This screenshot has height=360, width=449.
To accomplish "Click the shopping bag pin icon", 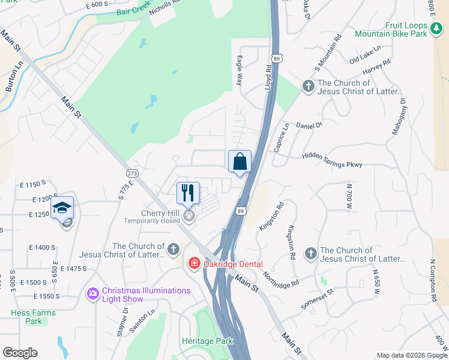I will pyautogui.click(x=240, y=162).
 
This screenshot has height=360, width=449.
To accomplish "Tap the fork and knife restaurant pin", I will pyautogui.click(x=188, y=193).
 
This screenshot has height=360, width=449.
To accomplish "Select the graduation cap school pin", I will pyautogui.click(x=62, y=208).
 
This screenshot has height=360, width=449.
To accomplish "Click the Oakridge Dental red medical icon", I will pyautogui.click(x=194, y=263).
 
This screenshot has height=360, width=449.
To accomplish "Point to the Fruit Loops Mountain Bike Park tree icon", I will pyautogui.click(x=436, y=27).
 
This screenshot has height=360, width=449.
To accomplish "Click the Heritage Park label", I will pyautogui.click(x=206, y=341).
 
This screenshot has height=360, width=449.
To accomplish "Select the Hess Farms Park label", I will pyautogui.click(x=33, y=317).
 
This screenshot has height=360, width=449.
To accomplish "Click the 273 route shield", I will pyautogui.click(x=133, y=173).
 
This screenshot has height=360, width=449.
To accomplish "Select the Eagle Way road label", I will pyautogui.click(x=239, y=70).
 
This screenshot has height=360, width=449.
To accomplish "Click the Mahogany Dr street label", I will pyautogui.click(x=399, y=116).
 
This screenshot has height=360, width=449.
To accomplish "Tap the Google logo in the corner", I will pyautogui.click(x=20, y=353).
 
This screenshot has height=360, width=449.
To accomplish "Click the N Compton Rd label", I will pyautogui.click(x=433, y=280).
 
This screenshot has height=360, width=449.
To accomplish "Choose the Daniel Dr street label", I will pyautogui.click(x=310, y=125).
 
